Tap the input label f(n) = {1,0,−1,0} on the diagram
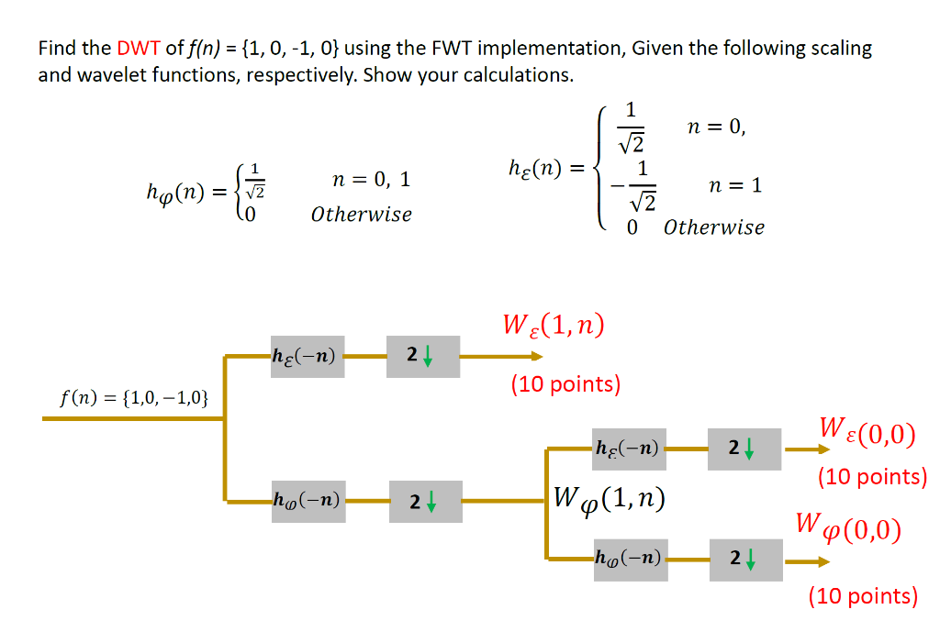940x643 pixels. [134, 398]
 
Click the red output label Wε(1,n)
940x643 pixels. [554, 326]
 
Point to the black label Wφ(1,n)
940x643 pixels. [609, 499]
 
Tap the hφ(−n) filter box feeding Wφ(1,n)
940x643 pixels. [307, 501]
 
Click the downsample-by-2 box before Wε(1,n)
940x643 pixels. [422, 356]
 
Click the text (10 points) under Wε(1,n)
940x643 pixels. [565, 384]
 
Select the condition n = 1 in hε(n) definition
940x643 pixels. [736, 186]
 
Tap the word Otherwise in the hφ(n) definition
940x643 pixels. [361, 215]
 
